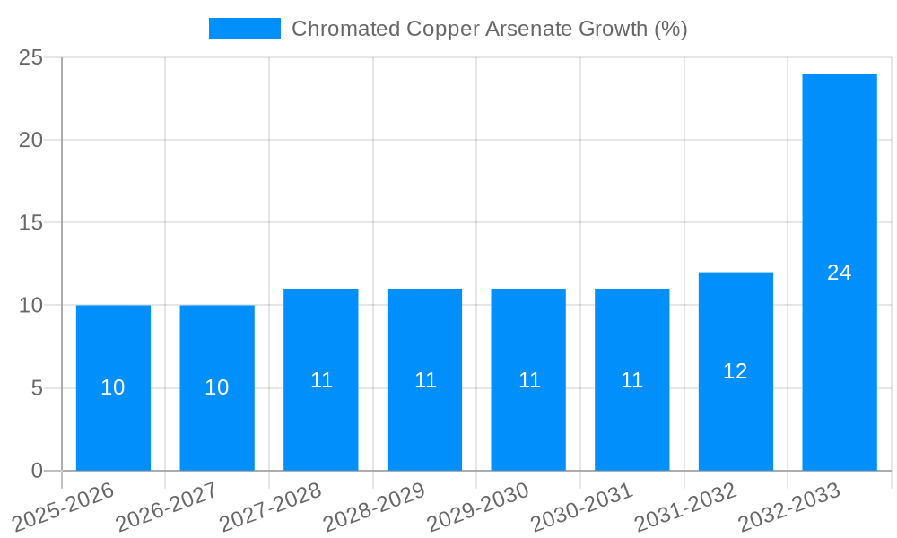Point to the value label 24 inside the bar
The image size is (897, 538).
(x=840, y=273)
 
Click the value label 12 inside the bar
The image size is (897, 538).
(x=736, y=371)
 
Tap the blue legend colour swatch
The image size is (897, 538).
(x=244, y=29)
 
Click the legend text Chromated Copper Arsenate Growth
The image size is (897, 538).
(x=489, y=29)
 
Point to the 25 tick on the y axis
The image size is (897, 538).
(x=31, y=57)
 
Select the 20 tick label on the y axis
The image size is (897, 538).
(x=31, y=140)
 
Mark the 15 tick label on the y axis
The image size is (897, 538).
(x=31, y=222)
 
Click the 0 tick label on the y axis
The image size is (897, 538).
(x=37, y=471)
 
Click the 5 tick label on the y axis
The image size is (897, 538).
(x=37, y=388)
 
